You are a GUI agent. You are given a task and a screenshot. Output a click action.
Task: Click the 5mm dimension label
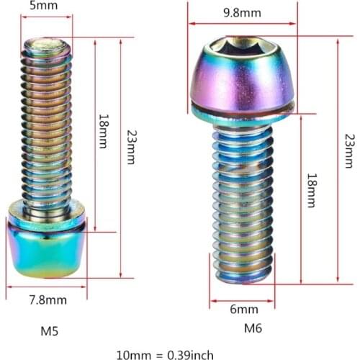[40, 6]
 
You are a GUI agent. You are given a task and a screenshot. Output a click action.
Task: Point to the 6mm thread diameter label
[243, 310]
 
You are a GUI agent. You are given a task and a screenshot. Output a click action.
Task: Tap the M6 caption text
[253, 328]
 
